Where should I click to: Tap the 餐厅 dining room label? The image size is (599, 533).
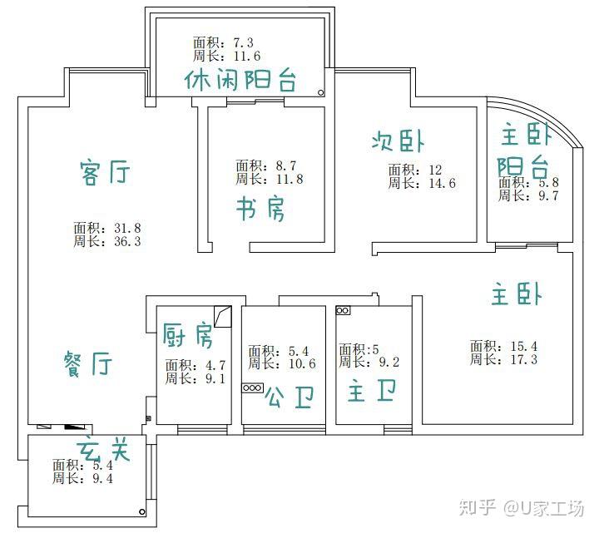coord(88,363)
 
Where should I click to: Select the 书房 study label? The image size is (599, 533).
coord(260,209)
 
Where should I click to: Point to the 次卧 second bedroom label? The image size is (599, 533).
coord(403,141)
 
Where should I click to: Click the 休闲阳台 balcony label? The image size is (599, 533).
coord(241,81)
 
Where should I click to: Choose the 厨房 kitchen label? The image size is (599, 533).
coord(187,335)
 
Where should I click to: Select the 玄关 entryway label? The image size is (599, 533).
coord(103,449)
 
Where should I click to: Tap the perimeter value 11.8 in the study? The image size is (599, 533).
coord(286,179)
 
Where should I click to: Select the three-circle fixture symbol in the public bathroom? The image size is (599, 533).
coord(252,387)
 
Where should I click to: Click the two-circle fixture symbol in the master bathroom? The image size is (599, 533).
coord(343,311)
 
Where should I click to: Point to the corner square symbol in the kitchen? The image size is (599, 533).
coord(221,317)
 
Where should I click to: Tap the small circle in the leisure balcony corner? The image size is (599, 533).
coord(319,94)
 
